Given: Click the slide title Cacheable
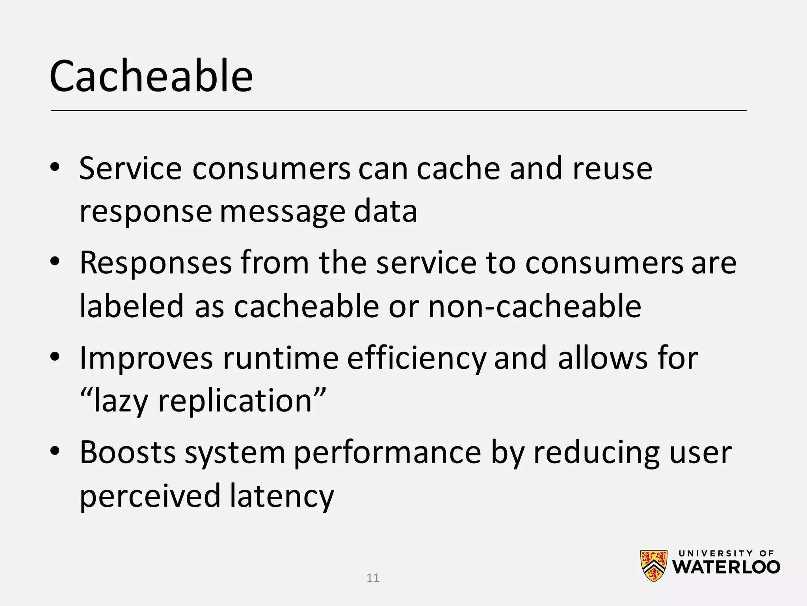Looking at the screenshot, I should (151, 76).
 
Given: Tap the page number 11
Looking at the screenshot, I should (373, 578).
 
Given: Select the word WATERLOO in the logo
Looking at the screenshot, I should (726, 567).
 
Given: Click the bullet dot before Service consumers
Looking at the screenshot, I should (55, 167).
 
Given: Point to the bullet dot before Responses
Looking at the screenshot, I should (55, 262).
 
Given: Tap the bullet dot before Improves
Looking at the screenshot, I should (55, 357).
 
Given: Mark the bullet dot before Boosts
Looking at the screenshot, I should (55, 451).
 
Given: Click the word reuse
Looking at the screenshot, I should (612, 169).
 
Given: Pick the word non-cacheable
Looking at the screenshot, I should (534, 306).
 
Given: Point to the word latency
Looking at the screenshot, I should (282, 496).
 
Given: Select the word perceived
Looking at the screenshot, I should (150, 496).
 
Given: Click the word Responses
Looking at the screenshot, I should (156, 264).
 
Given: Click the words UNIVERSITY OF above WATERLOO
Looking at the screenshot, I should (726, 554).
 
